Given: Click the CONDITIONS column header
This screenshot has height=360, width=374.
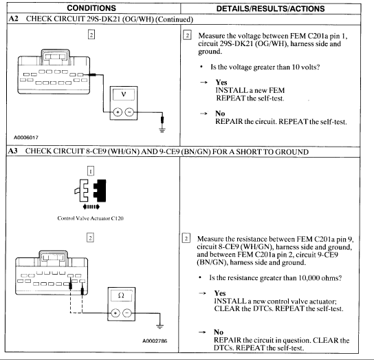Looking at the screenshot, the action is point(91,8).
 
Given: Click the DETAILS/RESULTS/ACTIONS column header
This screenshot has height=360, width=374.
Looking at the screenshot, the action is point(270,8).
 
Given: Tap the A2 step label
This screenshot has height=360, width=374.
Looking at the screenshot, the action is point(13,19).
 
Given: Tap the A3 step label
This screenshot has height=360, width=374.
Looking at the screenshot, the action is point(13,151).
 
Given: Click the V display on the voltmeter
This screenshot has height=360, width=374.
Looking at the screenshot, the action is point(124,94).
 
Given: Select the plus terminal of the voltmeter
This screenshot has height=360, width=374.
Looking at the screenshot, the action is point(118,112).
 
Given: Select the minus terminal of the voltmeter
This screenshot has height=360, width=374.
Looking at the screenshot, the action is point(129,112).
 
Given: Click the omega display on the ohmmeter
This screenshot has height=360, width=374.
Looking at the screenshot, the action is point(121,295).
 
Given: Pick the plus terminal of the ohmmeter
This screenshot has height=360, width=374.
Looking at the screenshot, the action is point(115,313).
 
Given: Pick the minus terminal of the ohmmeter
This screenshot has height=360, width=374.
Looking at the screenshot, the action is point(127,313).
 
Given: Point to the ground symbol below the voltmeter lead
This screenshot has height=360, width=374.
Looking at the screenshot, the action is point(162,130).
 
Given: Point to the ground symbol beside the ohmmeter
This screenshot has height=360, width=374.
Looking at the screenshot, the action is point(159,327).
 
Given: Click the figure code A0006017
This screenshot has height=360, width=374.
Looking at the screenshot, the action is point(26,138).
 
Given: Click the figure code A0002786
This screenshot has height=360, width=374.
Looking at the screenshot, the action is point(155,341).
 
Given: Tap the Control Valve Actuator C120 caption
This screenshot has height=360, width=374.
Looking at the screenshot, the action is point(90,218).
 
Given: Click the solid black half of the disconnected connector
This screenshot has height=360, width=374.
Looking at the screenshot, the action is point(100,191).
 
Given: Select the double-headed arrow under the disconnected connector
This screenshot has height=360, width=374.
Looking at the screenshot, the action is point(91,207).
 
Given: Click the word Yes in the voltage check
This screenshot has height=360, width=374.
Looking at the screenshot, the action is point(221,83).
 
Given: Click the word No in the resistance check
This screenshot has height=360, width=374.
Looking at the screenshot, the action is point(219,332).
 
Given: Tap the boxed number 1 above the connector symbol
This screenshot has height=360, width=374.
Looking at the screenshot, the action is point(91,171).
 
